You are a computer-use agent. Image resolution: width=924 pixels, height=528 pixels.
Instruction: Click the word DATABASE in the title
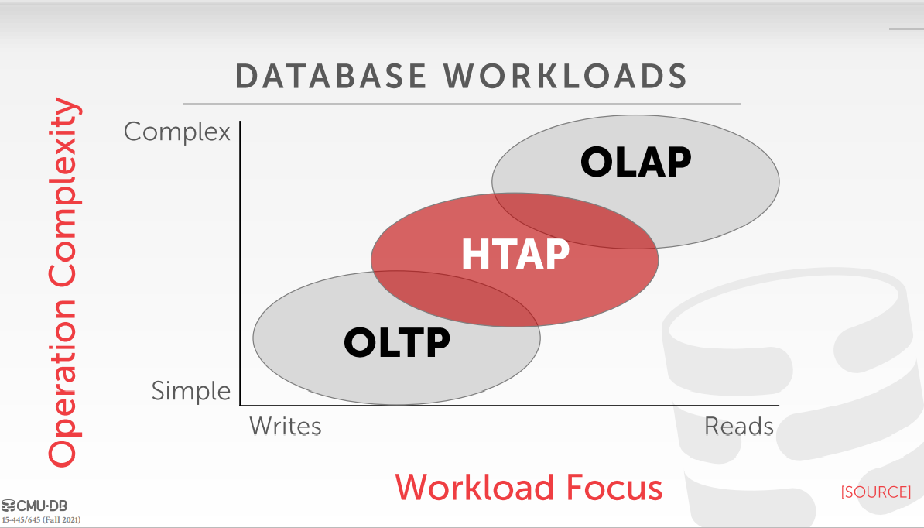click(x=330, y=77)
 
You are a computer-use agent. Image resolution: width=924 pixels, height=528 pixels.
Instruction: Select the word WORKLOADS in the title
click(x=566, y=77)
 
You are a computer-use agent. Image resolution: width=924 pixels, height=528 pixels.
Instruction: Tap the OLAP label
click(x=636, y=162)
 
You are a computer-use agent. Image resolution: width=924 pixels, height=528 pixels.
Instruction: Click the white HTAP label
click(x=515, y=254)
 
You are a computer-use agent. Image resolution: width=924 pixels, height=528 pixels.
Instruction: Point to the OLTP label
click(x=397, y=342)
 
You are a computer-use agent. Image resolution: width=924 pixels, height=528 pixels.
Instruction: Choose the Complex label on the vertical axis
click(x=176, y=132)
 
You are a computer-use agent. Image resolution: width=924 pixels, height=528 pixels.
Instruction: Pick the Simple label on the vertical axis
click(x=191, y=391)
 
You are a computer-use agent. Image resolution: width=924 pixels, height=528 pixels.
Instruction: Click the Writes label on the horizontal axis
click(x=286, y=426)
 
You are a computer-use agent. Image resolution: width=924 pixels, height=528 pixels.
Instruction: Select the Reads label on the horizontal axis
click(x=739, y=426)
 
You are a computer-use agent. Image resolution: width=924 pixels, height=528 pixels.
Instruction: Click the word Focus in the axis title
click(x=614, y=488)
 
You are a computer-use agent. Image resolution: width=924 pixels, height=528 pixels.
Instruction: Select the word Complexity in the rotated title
click(x=63, y=194)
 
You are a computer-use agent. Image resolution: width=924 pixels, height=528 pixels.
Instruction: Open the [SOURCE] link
click(x=876, y=492)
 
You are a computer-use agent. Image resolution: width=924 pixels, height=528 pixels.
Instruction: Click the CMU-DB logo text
click(x=42, y=506)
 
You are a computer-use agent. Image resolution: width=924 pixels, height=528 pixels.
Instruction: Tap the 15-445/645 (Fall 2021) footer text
click(x=41, y=519)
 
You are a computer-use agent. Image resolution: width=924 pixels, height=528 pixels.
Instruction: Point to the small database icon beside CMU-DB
click(x=9, y=506)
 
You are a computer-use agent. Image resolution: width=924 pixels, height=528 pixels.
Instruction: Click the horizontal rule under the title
click(x=461, y=105)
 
